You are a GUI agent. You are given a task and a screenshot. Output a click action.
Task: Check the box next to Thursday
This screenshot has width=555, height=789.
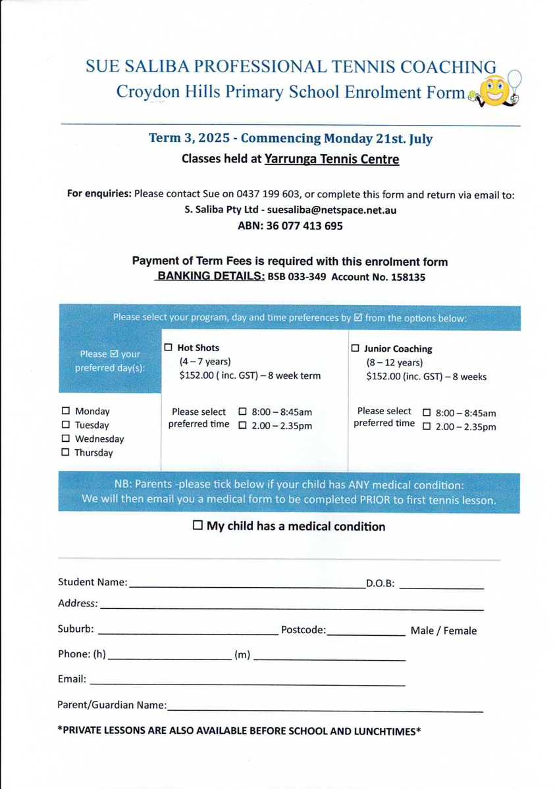pyautogui.click(x=65, y=452)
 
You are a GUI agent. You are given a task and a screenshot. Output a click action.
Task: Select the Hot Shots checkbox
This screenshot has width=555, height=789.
pyautogui.click(x=168, y=347)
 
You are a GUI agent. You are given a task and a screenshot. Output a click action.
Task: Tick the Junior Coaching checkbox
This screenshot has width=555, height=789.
pyautogui.click(x=356, y=348)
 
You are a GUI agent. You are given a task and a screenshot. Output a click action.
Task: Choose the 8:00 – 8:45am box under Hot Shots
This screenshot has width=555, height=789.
pyautogui.click(x=242, y=412)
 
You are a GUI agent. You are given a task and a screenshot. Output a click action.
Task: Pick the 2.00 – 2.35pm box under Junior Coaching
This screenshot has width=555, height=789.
pyautogui.click(x=427, y=427)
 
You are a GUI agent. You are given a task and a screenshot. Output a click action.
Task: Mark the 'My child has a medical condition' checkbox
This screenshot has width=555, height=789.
pyautogui.click(x=198, y=526)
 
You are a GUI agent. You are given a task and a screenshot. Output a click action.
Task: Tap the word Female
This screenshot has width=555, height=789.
pyautogui.click(x=460, y=631)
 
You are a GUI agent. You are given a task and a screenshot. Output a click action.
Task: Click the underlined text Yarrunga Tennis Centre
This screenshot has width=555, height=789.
pyautogui.click(x=332, y=159)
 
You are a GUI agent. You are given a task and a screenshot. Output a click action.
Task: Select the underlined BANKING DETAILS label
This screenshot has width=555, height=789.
pyautogui.click(x=210, y=277)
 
